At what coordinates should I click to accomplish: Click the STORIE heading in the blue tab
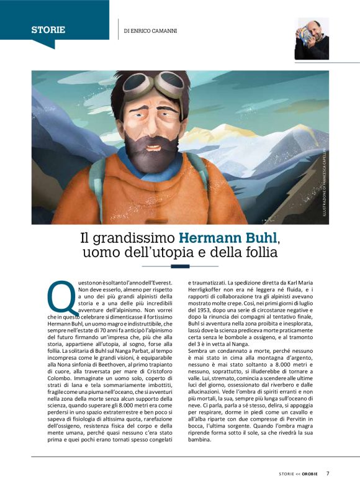[x=48, y=29]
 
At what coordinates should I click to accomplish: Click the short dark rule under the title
[x=180, y=266]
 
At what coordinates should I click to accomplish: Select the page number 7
[x=328, y=473]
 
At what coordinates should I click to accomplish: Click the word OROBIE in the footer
[x=311, y=474]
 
